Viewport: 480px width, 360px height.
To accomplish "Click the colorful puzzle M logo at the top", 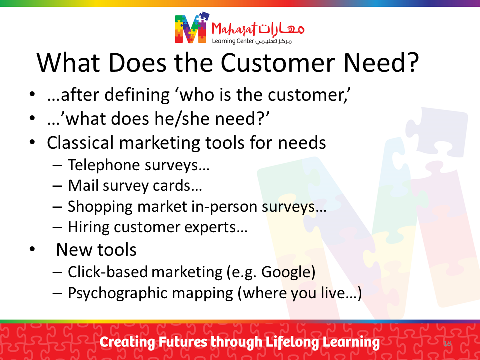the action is tap(192, 28).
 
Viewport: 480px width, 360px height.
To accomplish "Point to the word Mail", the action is tap(83, 185).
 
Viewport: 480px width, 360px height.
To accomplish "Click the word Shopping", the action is tap(100, 207).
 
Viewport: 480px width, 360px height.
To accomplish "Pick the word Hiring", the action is tap(89, 227).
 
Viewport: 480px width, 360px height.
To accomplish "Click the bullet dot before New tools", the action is tap(32, 250).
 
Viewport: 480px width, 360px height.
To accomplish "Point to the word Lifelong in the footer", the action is tap(292, 342).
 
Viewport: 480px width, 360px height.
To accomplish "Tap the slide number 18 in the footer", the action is tap(447, 343).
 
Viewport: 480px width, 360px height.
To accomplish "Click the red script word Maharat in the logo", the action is tap(234, 29).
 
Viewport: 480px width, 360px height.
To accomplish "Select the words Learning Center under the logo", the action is tap(233, 41).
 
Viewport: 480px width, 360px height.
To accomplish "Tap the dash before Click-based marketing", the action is tap(57, 272).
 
